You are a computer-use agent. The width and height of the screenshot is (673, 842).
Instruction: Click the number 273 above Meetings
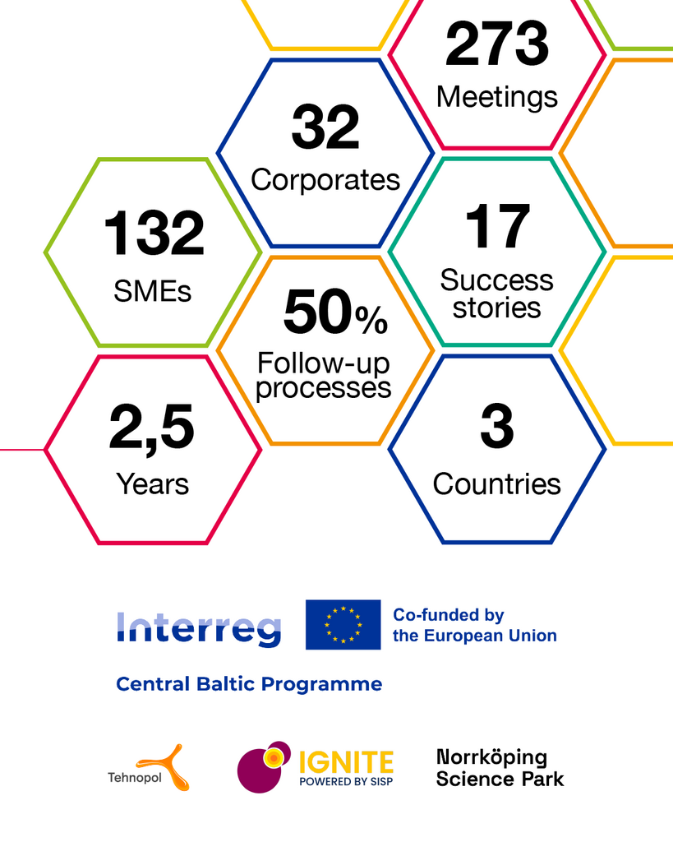tap(497, 44)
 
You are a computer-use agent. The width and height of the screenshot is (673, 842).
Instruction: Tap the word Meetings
tap(497, 98)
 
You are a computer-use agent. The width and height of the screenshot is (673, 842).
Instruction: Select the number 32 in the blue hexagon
tap(325, 127)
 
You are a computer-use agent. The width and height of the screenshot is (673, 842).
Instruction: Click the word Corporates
tap(325, 180)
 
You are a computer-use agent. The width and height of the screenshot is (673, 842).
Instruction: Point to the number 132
tap(154, 233)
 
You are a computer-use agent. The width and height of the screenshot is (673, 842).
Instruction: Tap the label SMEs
tap(152, 292)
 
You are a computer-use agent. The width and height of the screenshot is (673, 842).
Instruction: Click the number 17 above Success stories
tap(497, 226)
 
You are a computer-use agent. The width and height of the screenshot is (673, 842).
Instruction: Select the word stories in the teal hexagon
tap(496, 308)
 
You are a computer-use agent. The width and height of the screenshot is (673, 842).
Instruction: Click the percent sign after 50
tap(371, 320)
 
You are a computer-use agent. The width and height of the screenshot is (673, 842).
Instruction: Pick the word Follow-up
tap(323, 363)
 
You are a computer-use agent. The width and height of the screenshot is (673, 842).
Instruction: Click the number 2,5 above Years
tap(151, 428)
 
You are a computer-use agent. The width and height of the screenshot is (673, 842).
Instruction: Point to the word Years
tap(152, 483)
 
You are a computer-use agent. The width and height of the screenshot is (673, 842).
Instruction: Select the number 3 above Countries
tap(497, 426)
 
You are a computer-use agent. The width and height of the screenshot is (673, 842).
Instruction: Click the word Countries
tap(497, 483)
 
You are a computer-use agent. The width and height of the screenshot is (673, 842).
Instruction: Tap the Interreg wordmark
tap(199, 629)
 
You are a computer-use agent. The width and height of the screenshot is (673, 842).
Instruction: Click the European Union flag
tap(343, 625)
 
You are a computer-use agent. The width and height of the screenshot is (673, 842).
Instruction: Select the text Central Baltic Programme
tap(249, 684)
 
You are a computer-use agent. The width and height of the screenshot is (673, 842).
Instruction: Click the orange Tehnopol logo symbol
tap(165, 767)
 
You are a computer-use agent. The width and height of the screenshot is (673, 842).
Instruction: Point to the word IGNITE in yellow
tap(346, 762)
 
